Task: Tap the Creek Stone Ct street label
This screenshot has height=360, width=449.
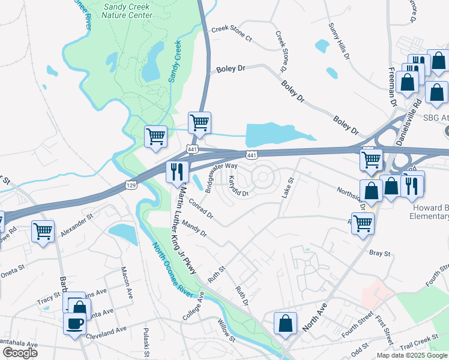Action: (x=231, y=34)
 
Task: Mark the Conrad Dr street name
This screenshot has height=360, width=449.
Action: (x=200, y=206)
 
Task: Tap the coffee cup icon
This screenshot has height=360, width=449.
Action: (x=75, y=325)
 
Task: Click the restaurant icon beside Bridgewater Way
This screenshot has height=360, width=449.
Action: (x=176, y=172)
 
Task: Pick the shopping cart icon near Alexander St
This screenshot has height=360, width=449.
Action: (x=43, y=231)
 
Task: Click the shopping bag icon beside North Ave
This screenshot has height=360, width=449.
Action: (x=285, y=323)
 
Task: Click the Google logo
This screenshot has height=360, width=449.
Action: (x=20, y=352)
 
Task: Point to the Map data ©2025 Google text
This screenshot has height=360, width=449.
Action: (x=412, y=355)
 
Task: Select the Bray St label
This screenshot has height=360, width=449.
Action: (x=379, y=254)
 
